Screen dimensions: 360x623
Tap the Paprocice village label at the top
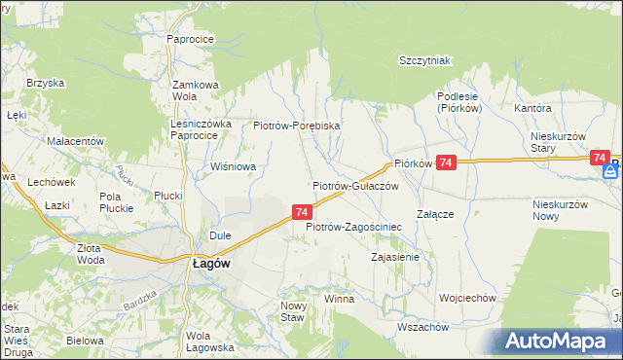pyautogui.click(x=190, y=39)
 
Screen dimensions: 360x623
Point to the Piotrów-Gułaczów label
pyautogui.click(x=355, y=185)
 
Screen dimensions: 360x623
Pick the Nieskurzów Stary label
pyautogui.click(x=557, y=142)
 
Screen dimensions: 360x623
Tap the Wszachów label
pyautogui.click(x=422, y=327)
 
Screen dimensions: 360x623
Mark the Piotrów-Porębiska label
pyautogui.click(x=296, y=126)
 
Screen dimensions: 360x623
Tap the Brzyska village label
pyautogui.click(x=45, y=84)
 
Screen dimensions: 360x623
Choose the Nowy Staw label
pyautogui.click(x=293, y=311)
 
